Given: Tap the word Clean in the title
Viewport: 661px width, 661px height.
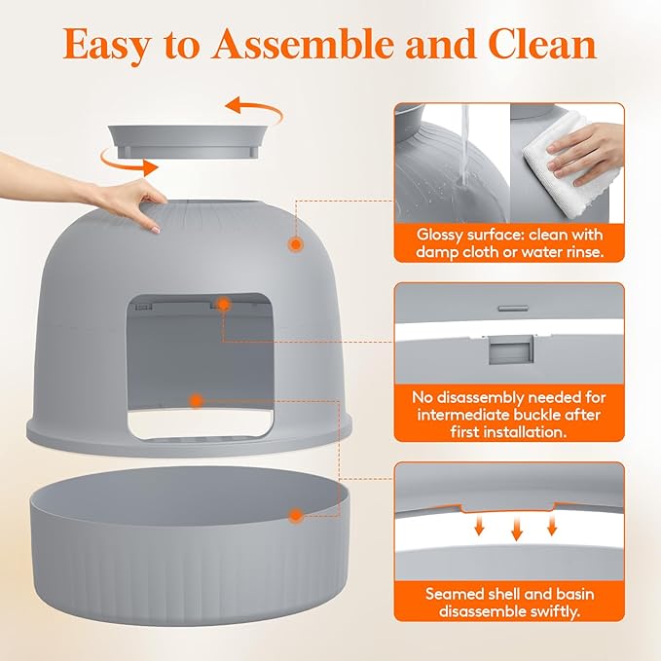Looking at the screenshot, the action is (542, 44).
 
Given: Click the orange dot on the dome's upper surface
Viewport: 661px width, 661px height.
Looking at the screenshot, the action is (296, 244).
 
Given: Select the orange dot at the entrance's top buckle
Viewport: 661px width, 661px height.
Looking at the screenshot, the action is (224, 304).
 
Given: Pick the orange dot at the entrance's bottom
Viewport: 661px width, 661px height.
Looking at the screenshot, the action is (196, 401).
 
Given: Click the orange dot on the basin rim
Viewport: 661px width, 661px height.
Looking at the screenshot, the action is (296, 515).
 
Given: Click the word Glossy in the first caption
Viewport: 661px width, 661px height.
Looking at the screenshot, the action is (439, 235).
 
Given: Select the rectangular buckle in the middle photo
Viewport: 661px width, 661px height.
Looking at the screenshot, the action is (511, 349).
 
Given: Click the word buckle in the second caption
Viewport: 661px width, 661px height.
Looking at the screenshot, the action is (538, 415).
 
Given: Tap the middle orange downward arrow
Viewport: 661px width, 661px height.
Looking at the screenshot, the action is (516, 530).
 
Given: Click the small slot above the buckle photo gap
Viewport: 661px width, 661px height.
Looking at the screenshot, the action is (513, 309).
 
